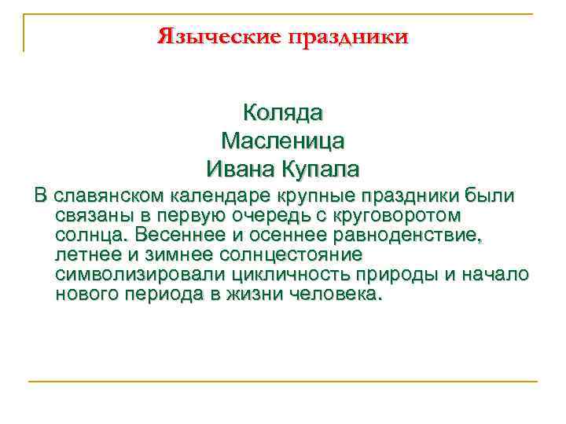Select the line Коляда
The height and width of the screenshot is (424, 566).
pyautogui.click(x=283, y=112)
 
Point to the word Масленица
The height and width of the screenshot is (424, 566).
pyautogui.click(x=283, y=141)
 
